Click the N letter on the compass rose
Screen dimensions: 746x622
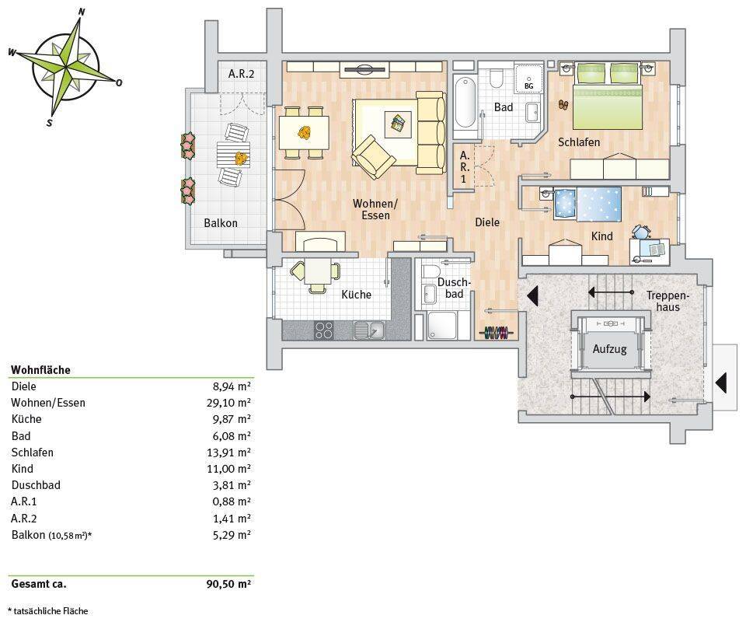pyautogui.click(x=82, y=12)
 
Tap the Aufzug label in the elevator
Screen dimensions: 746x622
pyautogui.click(x=609, y=349)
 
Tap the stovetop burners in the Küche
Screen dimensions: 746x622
pyautogui.click(x=324, y=330)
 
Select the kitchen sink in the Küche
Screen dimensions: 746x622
pyautogui.click(x=369, y=330)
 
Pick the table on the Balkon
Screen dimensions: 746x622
pyautogui.click(x=234, y=154)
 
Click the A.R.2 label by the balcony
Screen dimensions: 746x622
pyautogui.click(x=241, y=74)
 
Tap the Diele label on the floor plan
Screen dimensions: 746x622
pyautogui.click(x=487, y=222)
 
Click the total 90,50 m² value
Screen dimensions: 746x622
pyautogui.click(x=228, y=584)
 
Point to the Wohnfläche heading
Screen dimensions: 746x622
pyautogui.click(x=41, y=370)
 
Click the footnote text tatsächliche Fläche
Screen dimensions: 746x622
pyautogui.click(x=51, y=611)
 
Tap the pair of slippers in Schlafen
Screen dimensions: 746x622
pyautogui.click(x=563, y=105)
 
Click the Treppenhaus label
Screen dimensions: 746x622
pyautogui.click(x=668, y=301)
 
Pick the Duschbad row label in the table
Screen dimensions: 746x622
pyautogui.click(x=36, y=485)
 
